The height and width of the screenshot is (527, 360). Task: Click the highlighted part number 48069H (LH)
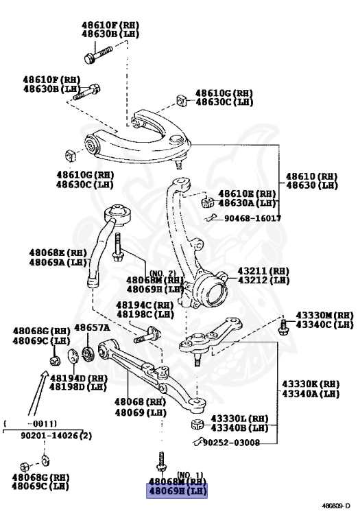(173, 491)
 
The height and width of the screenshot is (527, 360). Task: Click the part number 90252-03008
(231, 443)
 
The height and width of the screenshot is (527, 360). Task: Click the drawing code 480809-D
(336, 506)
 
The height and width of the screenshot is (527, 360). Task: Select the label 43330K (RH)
(311, 384)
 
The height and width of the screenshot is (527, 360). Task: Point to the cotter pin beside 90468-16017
(212, 218)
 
